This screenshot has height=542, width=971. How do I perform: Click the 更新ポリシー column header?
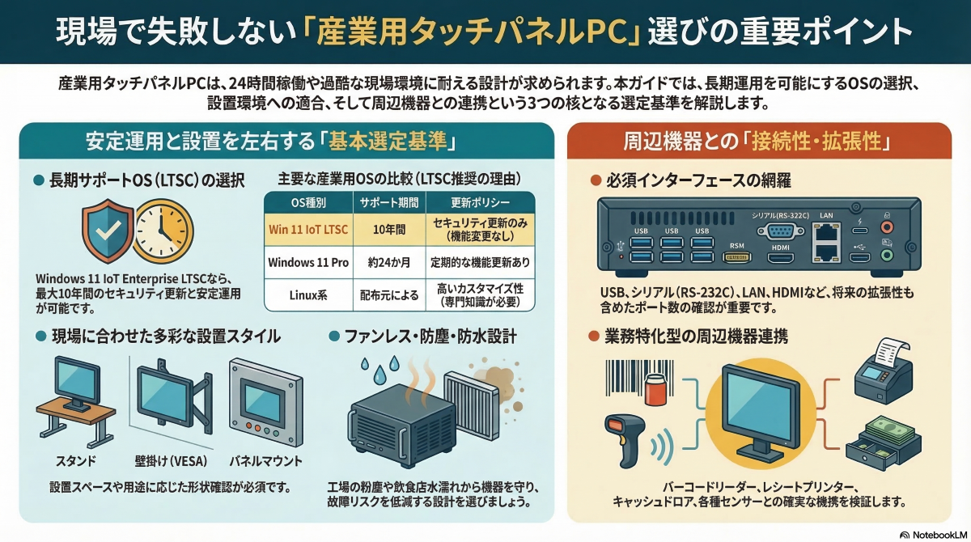click(471, 201)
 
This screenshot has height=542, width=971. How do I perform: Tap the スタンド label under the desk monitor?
click(76, 461)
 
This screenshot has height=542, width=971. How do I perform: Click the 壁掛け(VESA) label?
click(170, 461)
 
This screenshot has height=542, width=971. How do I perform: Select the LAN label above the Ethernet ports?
click(826, 216)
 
